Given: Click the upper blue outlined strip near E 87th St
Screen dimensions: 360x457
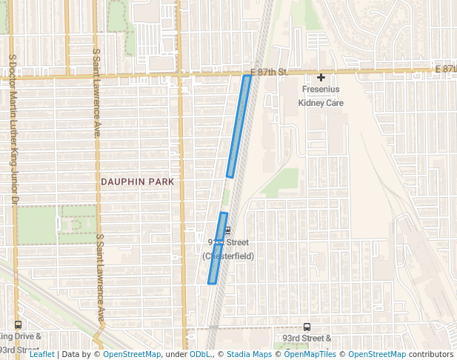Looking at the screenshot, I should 238,127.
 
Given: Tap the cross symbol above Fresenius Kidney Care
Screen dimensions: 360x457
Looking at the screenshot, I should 321,78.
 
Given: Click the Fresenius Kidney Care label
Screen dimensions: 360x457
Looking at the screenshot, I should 321,96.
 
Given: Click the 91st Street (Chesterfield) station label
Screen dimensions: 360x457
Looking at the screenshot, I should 228,250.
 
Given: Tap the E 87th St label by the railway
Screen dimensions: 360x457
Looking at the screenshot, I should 264,72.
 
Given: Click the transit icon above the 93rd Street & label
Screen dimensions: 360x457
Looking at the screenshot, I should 307,327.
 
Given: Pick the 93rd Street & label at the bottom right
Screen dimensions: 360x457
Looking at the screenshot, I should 307,339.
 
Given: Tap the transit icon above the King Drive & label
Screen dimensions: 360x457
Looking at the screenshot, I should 18,324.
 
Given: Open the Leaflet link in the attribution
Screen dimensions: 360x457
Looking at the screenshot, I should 41,354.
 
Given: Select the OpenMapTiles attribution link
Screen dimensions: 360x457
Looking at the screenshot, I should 313,354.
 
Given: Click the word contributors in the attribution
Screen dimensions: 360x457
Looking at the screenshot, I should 430,354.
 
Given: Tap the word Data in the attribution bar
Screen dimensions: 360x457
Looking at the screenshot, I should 70,354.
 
